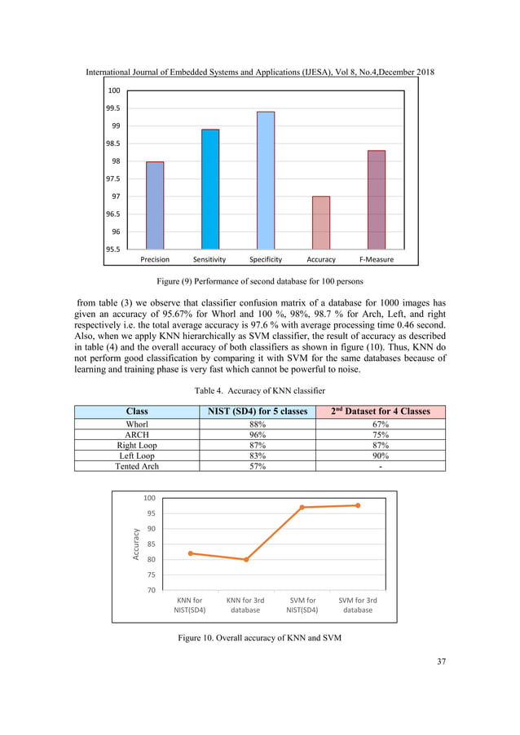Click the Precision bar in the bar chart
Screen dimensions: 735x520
point(155,205)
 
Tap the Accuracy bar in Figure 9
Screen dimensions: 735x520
point(321,222)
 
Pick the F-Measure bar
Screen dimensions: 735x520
point(377,200)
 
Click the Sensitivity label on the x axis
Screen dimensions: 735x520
point(209,260)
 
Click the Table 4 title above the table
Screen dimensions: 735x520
point(259,390)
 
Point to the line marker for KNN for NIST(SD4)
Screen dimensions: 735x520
point(190,553)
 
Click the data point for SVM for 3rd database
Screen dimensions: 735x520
point(358,505)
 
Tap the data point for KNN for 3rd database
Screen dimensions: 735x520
point(245,560)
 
